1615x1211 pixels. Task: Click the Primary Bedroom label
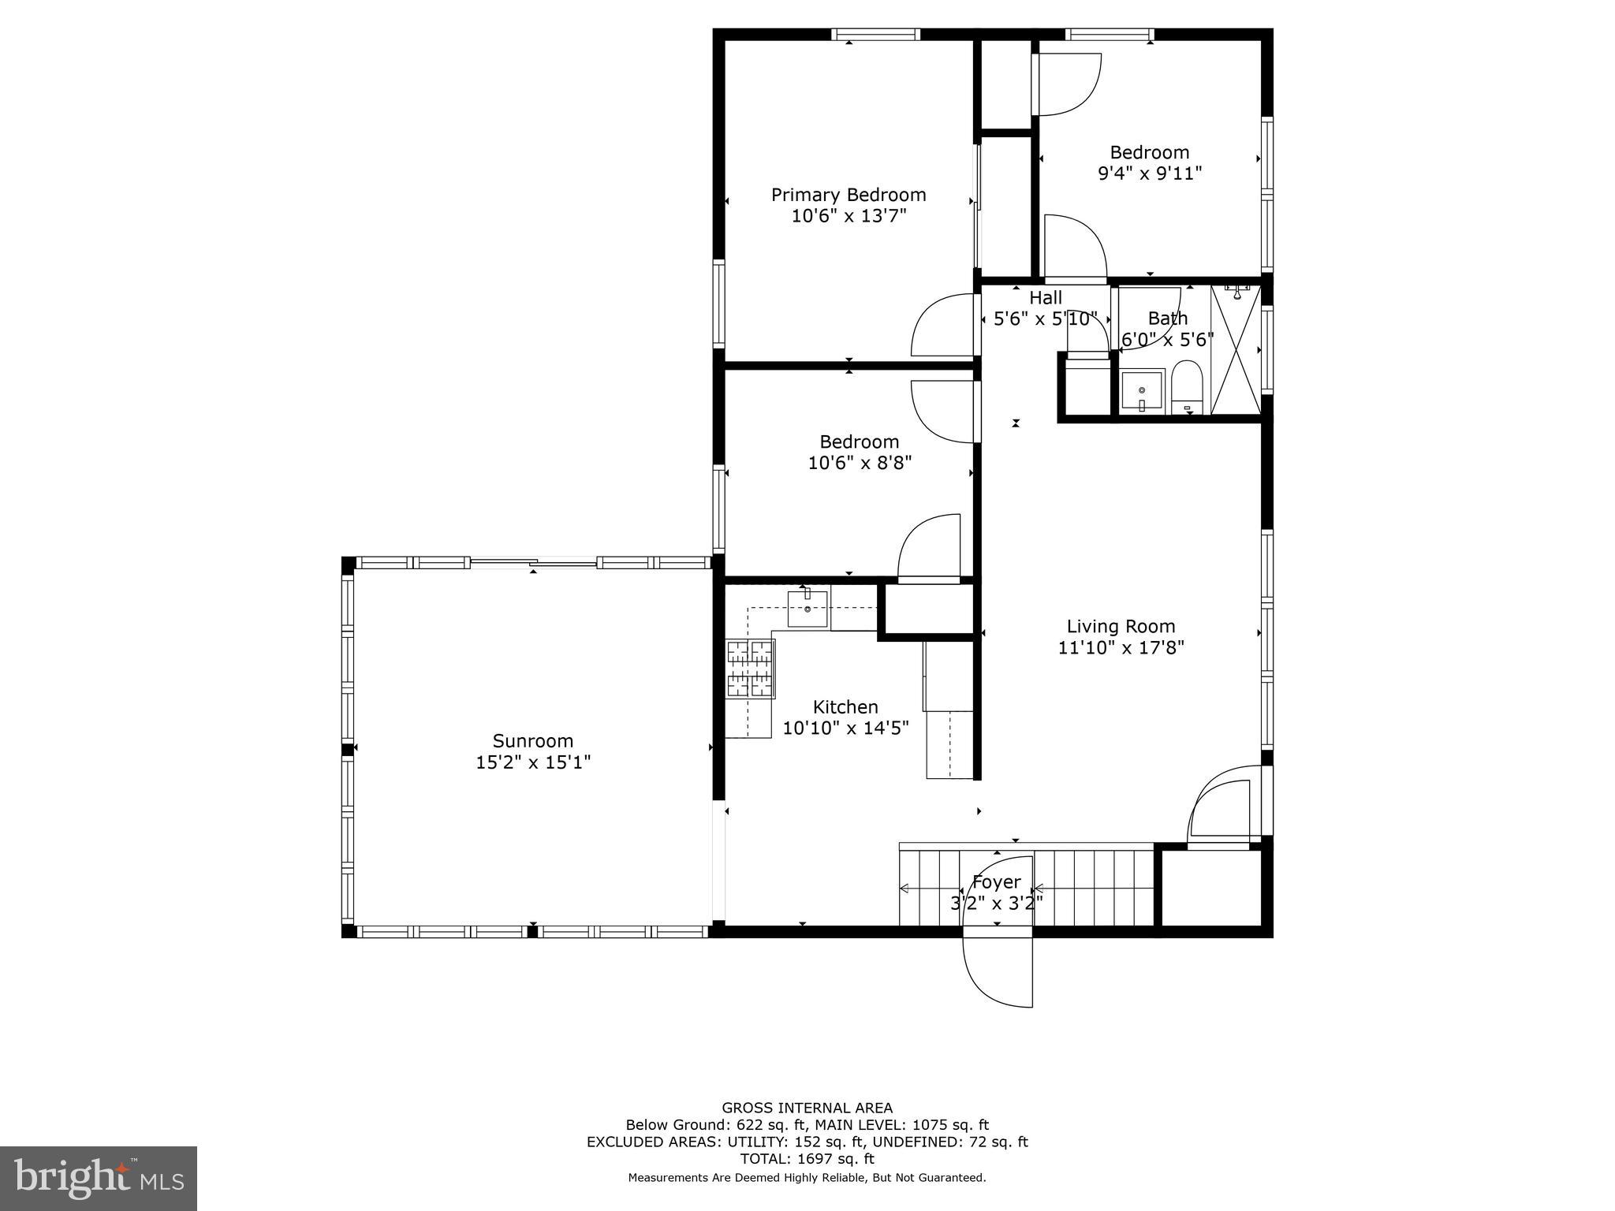[848, 195]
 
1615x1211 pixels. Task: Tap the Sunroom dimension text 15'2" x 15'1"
[533, 762]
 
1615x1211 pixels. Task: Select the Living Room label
[1121, 627]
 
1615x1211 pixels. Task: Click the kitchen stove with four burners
[750, 669]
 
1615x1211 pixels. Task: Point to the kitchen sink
[807, 608]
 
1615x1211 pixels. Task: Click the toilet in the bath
[1186, 387]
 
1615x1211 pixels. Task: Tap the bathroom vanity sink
[1142, 392]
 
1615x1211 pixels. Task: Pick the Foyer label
[996, 882]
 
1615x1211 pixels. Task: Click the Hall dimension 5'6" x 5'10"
[1046, 319]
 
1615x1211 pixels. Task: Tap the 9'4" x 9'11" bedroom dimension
[1150, 173]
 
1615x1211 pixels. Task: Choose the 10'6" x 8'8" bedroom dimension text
[860, 463]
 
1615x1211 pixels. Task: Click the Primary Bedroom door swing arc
[941, 326]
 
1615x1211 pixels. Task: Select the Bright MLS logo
[99, 1178]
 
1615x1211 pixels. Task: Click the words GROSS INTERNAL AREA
[807, 1108]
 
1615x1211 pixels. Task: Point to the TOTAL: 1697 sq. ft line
[807, 1159]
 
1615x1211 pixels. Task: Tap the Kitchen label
[845, 707]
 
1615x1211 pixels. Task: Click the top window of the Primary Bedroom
[875, 35]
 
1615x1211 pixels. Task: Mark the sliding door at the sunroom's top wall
[533, 562]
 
